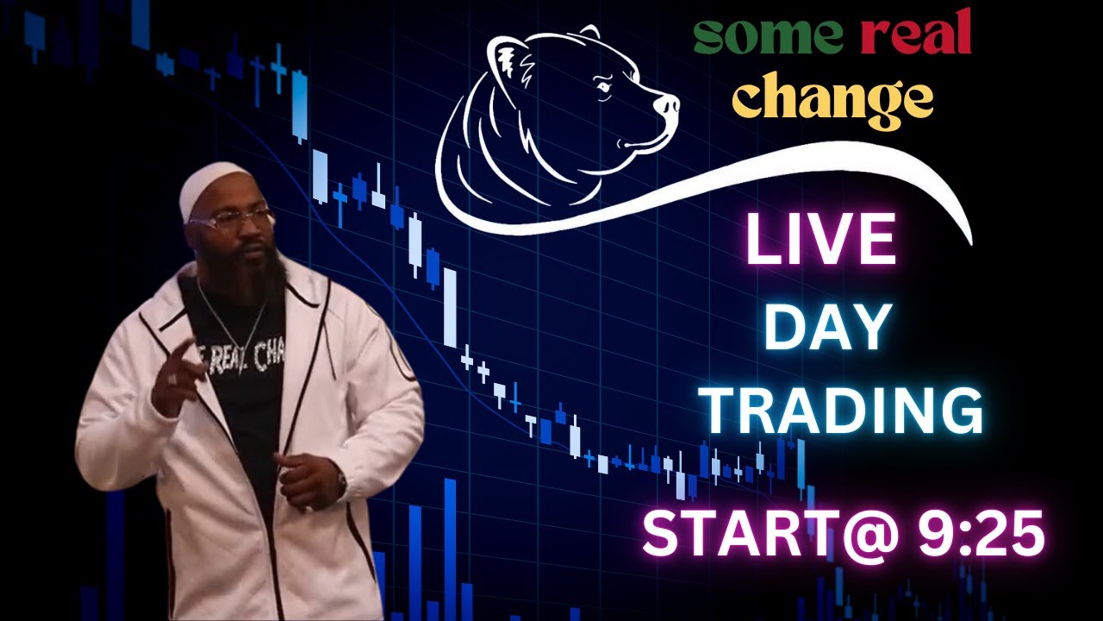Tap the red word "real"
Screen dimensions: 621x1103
916,36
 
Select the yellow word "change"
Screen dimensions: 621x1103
832,99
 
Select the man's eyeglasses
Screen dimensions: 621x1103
231,221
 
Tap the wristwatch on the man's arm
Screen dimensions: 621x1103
341,483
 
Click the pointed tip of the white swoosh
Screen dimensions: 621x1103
969,240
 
